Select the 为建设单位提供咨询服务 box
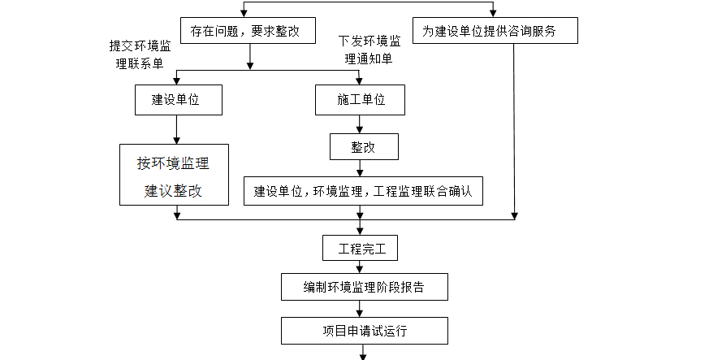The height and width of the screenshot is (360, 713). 495,32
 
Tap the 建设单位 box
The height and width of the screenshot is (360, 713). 175,100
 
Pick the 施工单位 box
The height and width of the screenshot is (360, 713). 361,100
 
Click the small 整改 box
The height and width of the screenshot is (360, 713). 363,147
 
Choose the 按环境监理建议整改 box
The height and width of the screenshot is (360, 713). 174,175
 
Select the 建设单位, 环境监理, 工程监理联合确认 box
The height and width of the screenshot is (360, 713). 363,191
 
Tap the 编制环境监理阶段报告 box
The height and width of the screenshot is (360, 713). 363,287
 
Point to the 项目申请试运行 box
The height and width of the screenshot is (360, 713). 363,331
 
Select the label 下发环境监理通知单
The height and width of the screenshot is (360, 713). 369,50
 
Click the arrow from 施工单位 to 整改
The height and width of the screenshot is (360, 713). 361,124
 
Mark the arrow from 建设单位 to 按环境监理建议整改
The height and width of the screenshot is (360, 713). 175,129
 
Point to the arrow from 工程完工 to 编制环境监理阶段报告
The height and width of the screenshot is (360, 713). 361,267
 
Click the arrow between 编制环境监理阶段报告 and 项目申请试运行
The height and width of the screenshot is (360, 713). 361,308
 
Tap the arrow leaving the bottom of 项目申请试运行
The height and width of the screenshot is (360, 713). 363,351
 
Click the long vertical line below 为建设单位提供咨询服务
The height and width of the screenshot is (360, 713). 513,130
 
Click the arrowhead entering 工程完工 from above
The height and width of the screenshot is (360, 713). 361,231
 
